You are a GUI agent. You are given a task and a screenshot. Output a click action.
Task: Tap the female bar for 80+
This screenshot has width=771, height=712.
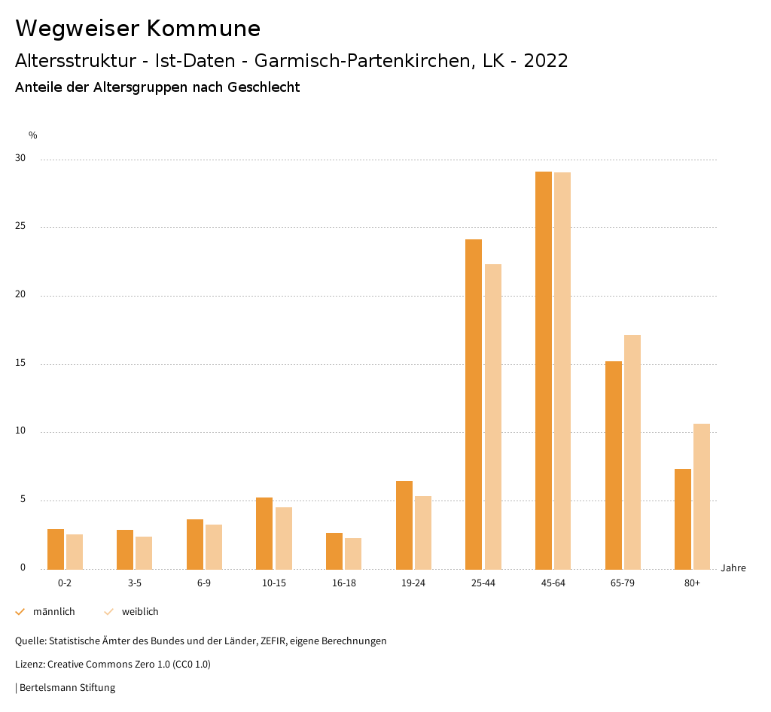[702, 496]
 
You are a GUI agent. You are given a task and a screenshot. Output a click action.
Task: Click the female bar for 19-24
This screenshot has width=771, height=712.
[423, 532]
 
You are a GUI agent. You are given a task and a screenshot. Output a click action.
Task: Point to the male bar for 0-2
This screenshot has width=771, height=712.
[56, 549]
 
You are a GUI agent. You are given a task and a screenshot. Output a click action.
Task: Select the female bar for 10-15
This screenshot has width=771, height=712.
[284, 538]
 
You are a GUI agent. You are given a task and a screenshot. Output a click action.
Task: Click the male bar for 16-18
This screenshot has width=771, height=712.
[334, 551]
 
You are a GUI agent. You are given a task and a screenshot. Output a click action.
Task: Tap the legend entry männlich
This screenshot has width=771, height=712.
[53, 612]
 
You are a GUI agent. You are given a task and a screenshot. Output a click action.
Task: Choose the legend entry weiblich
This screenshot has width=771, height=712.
[140, 612]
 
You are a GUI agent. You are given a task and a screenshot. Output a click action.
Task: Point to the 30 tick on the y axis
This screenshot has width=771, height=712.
[20, 159]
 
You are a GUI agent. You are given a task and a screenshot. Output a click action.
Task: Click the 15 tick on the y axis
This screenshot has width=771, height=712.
[20, 364]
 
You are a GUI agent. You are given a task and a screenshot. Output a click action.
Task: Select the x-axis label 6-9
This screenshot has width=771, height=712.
[204, 583]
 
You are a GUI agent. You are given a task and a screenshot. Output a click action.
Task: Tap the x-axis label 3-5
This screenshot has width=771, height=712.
[135, 583]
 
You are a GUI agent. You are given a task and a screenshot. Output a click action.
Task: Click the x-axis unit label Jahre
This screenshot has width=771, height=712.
[733, 568]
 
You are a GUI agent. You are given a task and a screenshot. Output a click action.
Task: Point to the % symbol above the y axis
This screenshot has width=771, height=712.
[33, 135]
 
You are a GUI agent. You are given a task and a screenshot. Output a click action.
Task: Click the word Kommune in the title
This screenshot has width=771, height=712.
[203, 29]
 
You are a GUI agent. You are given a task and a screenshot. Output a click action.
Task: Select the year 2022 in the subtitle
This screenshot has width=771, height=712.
[545, 61]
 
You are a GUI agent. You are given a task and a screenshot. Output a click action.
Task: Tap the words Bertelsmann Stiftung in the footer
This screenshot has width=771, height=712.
[67, 688]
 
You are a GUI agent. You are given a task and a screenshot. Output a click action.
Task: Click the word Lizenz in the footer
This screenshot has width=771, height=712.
[29, 665]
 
